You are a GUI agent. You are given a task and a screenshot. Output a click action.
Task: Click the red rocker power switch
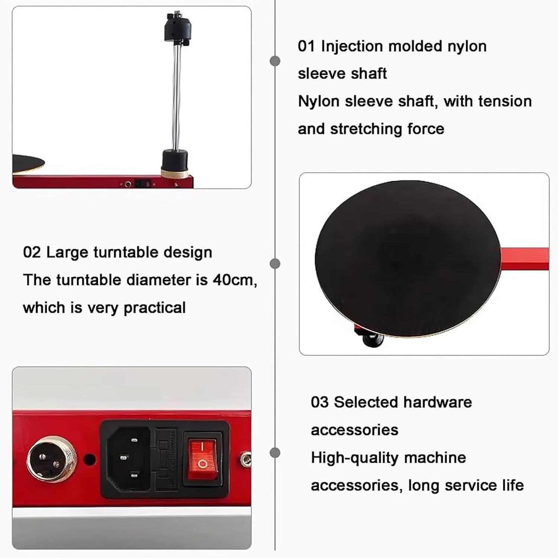pyautogui.click(x=202, y=459)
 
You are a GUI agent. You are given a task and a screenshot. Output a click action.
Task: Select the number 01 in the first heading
pyautogui.click(x=306, y=46)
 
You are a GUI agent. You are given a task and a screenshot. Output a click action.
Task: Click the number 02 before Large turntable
pyautogui.click(x=32, y=252)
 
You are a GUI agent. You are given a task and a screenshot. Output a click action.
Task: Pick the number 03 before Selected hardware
pyautogui.click(x=320, y=402)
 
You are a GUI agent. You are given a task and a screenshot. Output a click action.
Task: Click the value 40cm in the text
pyautogui.click(x=234, y=280)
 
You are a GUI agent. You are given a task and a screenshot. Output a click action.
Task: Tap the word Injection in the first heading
pyautogui.click(x=352, y=46)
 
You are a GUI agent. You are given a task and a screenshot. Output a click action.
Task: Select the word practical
pyautogui.click(x=154, y=308)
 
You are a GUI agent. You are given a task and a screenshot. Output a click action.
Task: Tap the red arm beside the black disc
pyautogui.click(x=525, y=259)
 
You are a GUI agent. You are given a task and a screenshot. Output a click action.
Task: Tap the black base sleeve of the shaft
pyautogui.click(x=174, y=159)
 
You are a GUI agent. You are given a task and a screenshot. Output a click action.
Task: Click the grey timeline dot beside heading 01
pyautogui.click(x=275, y=61)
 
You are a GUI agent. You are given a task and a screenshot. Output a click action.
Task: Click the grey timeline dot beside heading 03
pyautogui.click(x=275, y=453)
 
